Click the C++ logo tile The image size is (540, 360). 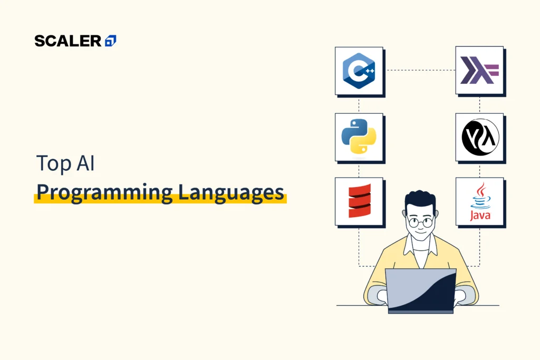pyautogui.click(x=359, y=71)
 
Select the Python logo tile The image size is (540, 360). pyautogui.click(x=359, y=137)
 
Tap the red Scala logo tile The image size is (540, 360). pyautogui.click(x=359, y=202)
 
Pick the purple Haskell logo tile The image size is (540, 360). pyautogui.click(x=479, y=71)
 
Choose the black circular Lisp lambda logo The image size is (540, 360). pyautogui.click(x=479, y=137)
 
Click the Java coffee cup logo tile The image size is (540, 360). pyautogui.click(x=479, y=202)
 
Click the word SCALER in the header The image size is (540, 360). pyautogui.click(x=68, y=41)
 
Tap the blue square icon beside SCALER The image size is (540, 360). pyautogui.click(x=111, y=41)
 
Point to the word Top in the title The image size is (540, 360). pyautogui.click(x=53, y=164)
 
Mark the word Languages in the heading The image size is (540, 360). pyautogui.click(x=230, y=193)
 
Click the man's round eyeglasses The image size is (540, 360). pyautogui.click(x=420, y=222)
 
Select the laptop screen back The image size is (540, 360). pyautogui.click(x=420, y=289)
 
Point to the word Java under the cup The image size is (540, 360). pyautogui.click(x=479, y=216)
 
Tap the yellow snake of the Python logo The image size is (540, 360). pyautogui.click(x=365, y=142)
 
